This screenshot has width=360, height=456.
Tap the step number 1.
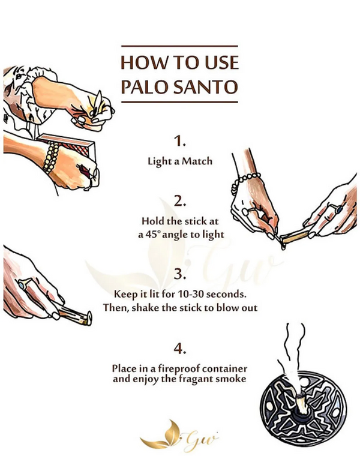(180, 142)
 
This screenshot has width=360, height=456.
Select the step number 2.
(180, 200)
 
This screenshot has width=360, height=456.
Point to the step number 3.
(180, 275)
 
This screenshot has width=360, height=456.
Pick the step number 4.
(180, 348)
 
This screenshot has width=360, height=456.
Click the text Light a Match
(180, 161)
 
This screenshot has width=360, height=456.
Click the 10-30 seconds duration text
(209, 294)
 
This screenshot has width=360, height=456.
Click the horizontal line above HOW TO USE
(179, 46)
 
